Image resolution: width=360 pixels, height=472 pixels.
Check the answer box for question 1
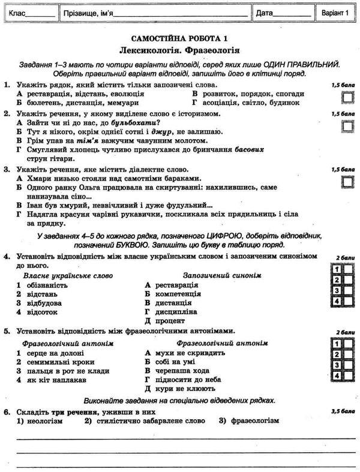pos(347,97)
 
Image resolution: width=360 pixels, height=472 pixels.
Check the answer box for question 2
pos(347,125)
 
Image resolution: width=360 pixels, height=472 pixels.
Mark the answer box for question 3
pos(347,182)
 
